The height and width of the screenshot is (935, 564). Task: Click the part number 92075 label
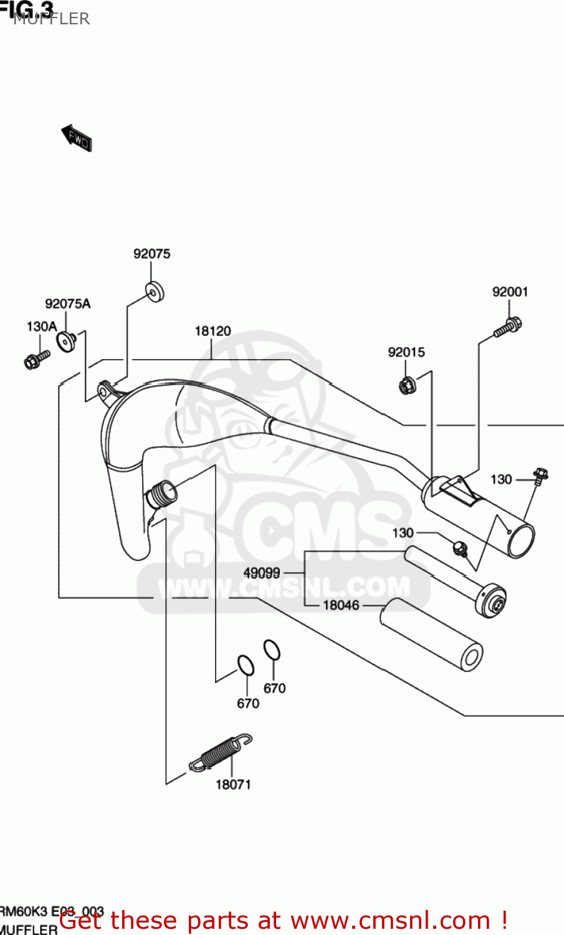click(x=151, y=254)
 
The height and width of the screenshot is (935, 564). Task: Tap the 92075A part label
click(x=67, y=304)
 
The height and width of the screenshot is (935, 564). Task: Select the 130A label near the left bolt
click(x=41, y=327)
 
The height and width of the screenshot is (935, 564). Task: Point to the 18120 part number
click(x=213, y=331)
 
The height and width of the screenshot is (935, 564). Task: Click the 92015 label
click(x=406, y=352)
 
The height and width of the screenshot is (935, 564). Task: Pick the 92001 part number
click(x=510, y=292)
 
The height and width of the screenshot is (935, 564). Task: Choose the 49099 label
click(x=262, y=573)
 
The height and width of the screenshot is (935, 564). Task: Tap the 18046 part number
click(x=341, y=605)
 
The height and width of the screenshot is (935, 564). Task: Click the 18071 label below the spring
click(x=233, y=785)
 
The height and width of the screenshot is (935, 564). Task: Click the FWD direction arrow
click(x=77, y=138)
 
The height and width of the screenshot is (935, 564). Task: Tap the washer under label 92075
click(x=155, y=292)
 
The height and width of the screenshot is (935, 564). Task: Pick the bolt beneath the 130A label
click(x=36, y=359)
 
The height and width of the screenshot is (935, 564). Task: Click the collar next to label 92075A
click(x=65, y=341)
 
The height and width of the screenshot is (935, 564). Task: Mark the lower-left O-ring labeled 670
click(x=246, y=665)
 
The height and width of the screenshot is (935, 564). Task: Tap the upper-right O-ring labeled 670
click(x=272, y=650)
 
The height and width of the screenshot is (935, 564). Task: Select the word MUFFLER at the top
click(x=52, y=19)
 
